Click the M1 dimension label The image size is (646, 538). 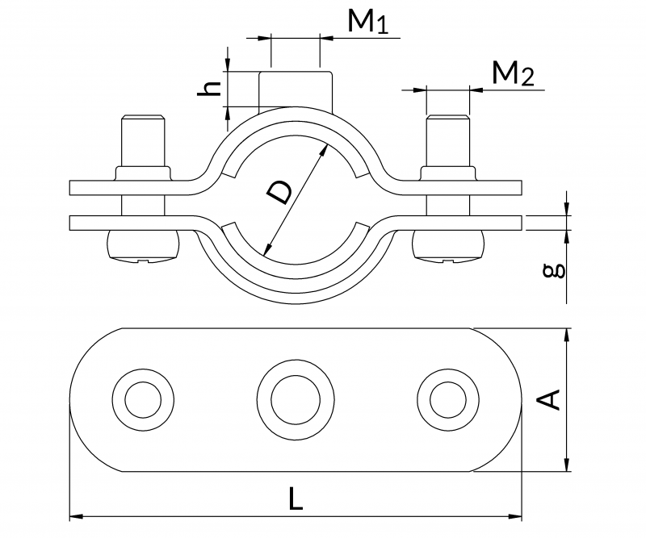pos(368,23)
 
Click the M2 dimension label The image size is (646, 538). pos(514,74)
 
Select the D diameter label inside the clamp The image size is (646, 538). pos(280,194)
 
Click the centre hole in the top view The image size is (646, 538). pos(296,398)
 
